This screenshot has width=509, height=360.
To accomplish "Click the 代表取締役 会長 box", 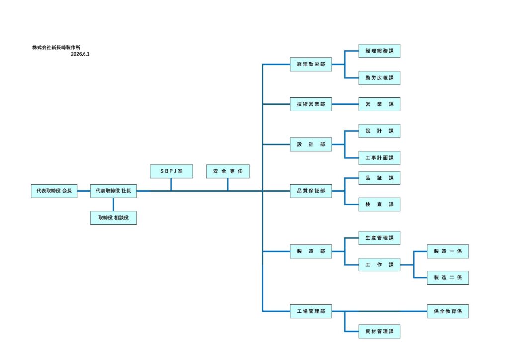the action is pyautogui.click(x=54, y=191).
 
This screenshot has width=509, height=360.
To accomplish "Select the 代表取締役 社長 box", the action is pyautogui.click(x=113, y=191).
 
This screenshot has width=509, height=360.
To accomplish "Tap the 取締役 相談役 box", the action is pyautogui.click(x=113, y=218).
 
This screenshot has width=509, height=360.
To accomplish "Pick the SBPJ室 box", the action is pyautogui.click(x=171, y=171).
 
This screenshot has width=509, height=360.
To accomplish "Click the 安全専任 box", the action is pyautogui.click(x=228, y=171).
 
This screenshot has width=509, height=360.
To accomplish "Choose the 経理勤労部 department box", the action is pyautogui.click(x=311, y=64).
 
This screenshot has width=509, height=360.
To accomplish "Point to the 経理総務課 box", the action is pyautogui.click(x=379, y=51).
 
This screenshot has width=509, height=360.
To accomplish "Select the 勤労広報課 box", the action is pyautogui.click(x=379, y=78).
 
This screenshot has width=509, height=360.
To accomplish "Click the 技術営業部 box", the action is pyautogui.click(x=311, y=104).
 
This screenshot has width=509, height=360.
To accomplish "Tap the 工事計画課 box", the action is pyautogui.click(x=379, y=158).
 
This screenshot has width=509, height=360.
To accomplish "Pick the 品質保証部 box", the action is pyautogui.click(x=311, y=191).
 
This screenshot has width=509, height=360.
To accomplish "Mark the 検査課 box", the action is pyautogui.click(x=379, y=204).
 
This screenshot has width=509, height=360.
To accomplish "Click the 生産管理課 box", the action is pyautogui.click(x=379, y=238).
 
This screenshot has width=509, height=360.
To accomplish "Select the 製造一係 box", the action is pyautogui.click(x=448, y=251).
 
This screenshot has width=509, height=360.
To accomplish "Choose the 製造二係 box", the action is pyautogui.click(x=448, y=278).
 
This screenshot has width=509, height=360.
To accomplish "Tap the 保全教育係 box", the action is pyautogui.click(x=448, y=311).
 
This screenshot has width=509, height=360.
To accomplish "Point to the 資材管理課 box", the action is pyautogui.click(x=379, y=332).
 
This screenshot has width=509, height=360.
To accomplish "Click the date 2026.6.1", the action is pyautogui.click(x=80, y=54).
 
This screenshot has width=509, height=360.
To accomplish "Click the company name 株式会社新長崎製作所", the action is pyautogui.click(x=56, y=47).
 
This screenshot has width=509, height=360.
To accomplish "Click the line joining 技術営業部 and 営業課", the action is pyautogui.click(x=345, y=104).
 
